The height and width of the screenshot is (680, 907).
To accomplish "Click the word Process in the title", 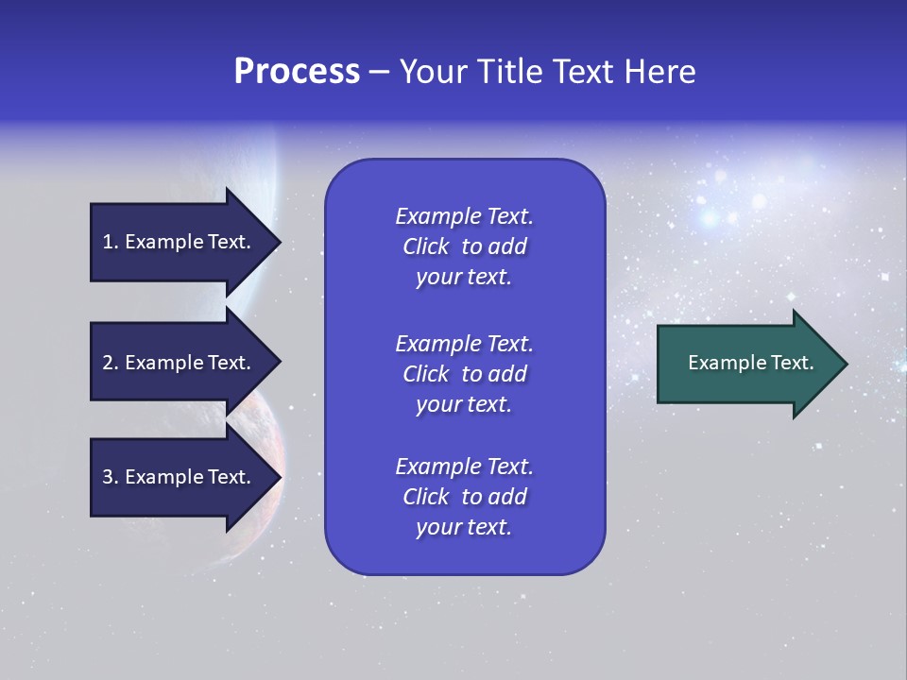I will click(297, 72).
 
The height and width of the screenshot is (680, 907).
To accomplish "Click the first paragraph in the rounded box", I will click(464, 246).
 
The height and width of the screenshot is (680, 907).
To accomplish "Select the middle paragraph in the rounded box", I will click(464, 373).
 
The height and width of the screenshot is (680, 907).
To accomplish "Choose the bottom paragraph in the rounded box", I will click(464, 497).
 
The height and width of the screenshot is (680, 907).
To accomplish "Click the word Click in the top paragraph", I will click(425, 246).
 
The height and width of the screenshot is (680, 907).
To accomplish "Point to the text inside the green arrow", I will click(750, 363).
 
